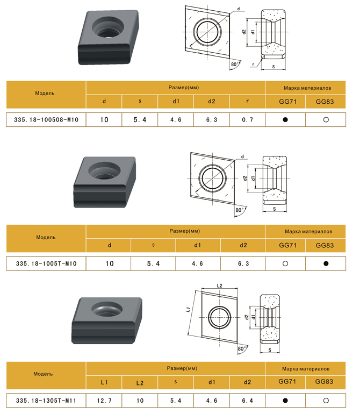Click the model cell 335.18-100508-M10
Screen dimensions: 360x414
(46, 119)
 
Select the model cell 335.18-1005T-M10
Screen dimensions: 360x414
(46, 263)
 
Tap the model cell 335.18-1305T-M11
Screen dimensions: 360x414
(46, 401)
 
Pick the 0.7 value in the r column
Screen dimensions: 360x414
(247, 119)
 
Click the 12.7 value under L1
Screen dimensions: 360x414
(104, 401)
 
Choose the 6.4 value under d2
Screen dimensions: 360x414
(247, 401)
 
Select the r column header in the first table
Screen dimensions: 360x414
(247, 102)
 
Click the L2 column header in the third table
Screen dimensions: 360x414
(140, 383)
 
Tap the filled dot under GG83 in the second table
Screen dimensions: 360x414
(326, 263)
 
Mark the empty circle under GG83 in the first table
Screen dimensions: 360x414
(326, 119)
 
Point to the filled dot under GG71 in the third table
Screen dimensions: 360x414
(285, 401)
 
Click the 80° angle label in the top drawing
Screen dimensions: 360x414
(235, 64)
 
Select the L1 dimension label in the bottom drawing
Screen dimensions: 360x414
(188, 310)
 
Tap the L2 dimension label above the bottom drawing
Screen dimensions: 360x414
(219, 285)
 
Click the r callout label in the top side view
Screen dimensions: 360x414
(253, 64)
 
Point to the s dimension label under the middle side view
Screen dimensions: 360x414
(275, 209)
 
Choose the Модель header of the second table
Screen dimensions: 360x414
(46, 237)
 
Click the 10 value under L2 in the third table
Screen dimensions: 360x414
(140, 401)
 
